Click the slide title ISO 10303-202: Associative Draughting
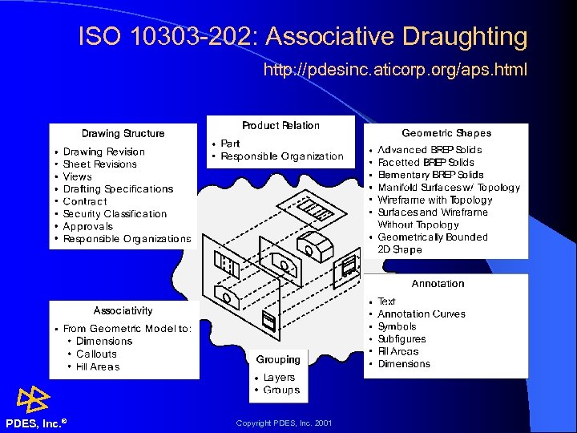pos(303,37)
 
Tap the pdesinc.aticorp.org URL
pos(395,71)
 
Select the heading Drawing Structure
pos(123,134)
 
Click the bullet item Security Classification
pos(115,214)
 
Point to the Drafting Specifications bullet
pos(118,189)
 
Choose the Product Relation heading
pos(280,126)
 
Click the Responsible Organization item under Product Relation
pos(281,156)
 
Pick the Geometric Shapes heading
pos(446,133)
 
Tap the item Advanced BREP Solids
pos(430,150)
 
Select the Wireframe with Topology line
pos(434,200)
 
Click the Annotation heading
pos(438,284)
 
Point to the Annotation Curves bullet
pos(421,314)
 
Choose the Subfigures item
pos(401,339)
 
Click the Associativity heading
pos(123,310)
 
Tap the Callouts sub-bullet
pos(96,354)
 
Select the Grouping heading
pos(278,360)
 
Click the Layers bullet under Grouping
pos(279,378)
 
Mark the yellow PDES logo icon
pos(34,399)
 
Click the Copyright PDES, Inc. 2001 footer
pos(284,423)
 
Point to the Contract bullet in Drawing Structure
pos(84,201)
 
